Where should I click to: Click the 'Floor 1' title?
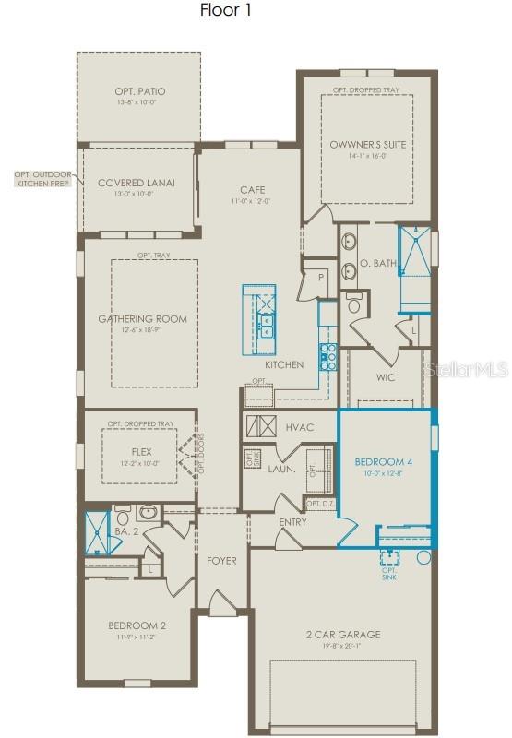[225, 11]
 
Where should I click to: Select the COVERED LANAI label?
[136, 183]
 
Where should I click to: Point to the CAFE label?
[253, 189]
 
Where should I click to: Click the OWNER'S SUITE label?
[367, 145]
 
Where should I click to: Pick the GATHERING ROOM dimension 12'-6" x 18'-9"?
[142, 331]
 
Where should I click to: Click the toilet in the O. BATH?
[354, 304]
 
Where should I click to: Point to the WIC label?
[386, 377]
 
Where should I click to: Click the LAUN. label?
[281, 469]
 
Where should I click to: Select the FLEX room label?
[141, 452]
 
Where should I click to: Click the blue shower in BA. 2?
[96, 531]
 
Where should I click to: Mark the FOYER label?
[221, 560]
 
